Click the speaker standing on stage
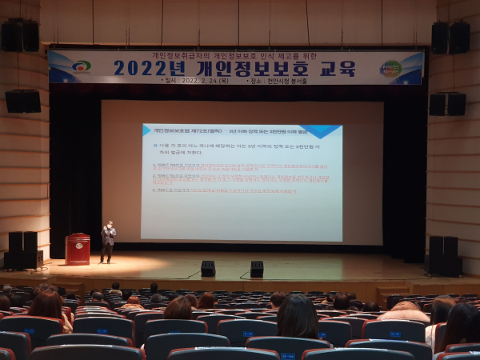click(107, 241)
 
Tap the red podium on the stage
click(78, 249)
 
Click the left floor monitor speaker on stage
click(208, 269)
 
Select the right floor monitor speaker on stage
click(257, 269)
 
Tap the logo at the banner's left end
click(80, 67)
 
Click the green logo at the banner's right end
click(390, 68)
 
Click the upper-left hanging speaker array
click(20, 35)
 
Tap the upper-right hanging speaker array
click(450, 37)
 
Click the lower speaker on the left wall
click(22, 101)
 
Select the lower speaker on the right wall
click(447, 104)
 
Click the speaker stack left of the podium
click(23, 250)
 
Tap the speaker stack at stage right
click(443, 255)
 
